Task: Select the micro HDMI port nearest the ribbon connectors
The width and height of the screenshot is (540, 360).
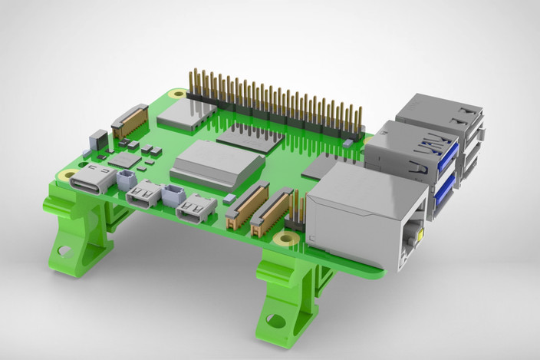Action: (195, 208)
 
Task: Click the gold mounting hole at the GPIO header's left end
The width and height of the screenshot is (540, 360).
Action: (178, 94)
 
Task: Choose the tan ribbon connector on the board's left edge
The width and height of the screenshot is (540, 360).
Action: (130, 121)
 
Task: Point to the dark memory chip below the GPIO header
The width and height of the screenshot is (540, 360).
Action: (249, 137)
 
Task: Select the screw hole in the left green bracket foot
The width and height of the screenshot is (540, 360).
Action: (64, 249)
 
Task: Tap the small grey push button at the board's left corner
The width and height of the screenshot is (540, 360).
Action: (97, 140)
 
